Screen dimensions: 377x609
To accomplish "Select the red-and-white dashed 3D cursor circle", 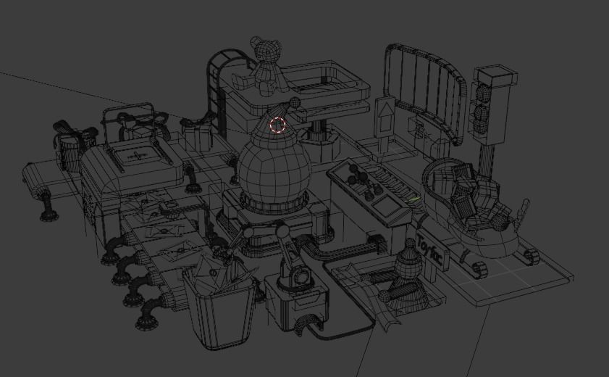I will pos(278,125).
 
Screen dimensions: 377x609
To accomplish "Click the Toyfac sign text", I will pos(431,251).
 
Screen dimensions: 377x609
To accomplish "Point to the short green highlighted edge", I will pos(413,199).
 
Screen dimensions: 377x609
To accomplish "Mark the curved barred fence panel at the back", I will pos(424,87).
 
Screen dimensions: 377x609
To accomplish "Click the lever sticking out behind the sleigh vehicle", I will pos(523,211).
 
